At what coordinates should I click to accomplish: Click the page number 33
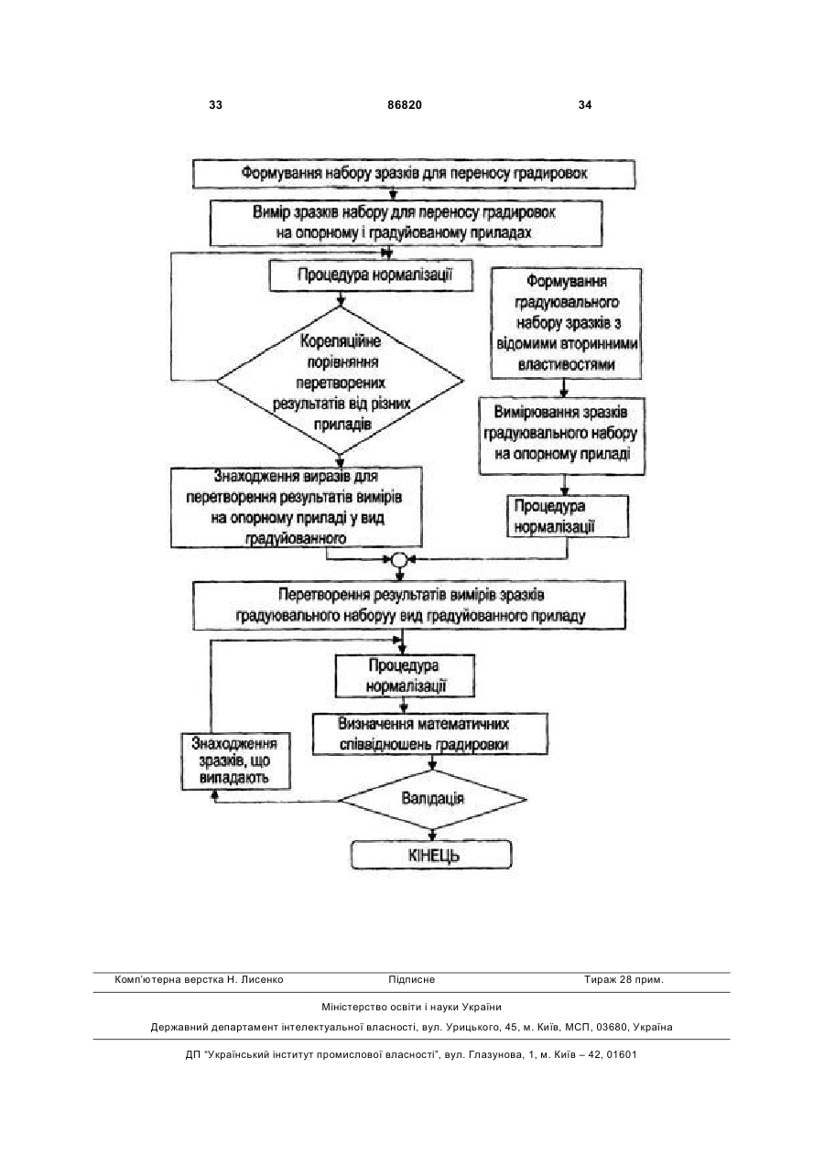(215, 105)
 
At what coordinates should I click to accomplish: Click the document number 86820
(405, 105)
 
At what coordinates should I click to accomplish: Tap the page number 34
(585, 105)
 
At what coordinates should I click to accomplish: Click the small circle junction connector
(399, 559)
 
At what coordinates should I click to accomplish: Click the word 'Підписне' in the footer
(411, 980)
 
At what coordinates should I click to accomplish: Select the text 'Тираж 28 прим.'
(623, 980)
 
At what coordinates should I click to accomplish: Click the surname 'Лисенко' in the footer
(263, 980)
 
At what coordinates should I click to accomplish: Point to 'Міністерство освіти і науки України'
(411, 1007)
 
